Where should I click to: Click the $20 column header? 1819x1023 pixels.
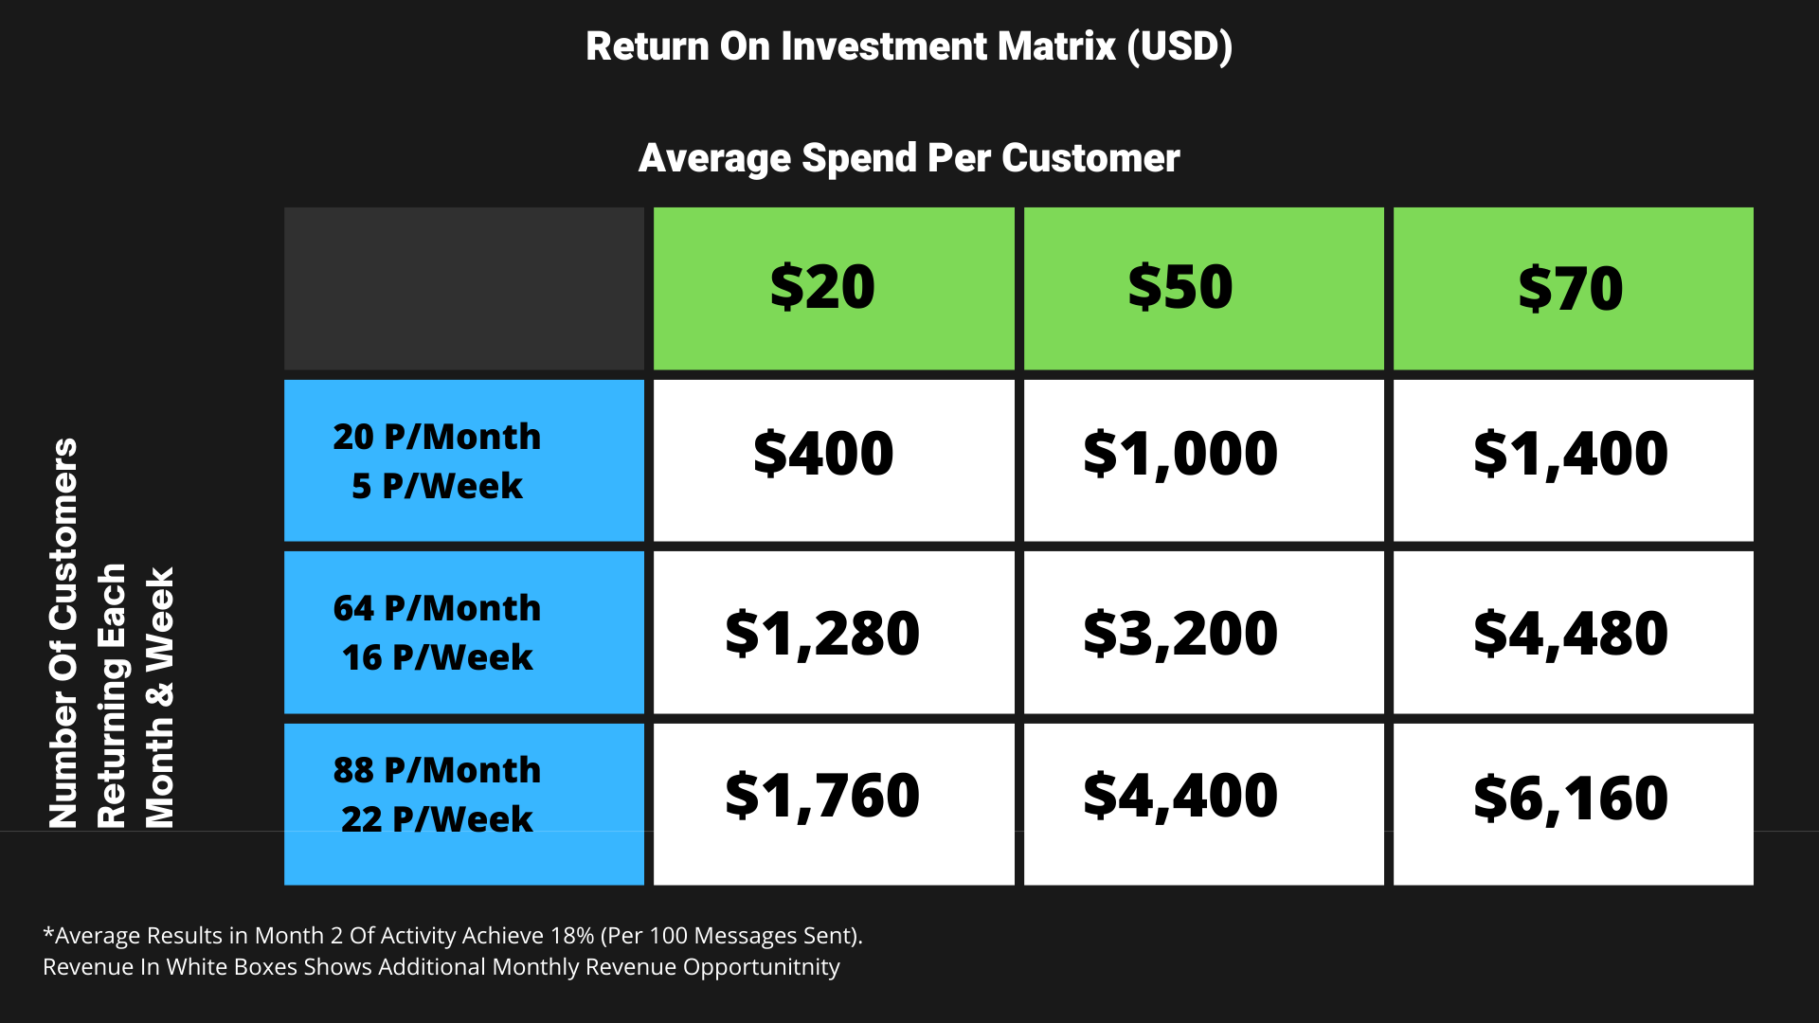[834, 288]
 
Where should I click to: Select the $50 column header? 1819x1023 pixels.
[1203, 288]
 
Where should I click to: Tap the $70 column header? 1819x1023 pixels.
[1573, 288]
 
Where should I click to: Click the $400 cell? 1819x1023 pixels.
[834, 460]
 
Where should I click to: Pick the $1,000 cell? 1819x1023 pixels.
[1203, 460]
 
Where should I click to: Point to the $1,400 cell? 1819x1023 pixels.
[1573, 460]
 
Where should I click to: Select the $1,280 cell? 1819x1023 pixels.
[834, 632]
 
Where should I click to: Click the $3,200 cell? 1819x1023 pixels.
[1203, 632]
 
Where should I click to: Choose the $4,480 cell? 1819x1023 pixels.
[1573, 632]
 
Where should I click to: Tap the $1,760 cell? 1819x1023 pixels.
[834, 804]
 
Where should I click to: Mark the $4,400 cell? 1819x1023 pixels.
[1203, 804]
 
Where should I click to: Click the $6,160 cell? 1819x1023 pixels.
[1573, 804]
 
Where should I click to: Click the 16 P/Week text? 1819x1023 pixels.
[437, 657]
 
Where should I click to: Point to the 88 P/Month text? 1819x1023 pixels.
[437, 770]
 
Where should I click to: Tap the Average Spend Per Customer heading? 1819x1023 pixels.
[909, 158]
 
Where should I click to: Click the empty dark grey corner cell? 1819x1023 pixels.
[464, 288]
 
